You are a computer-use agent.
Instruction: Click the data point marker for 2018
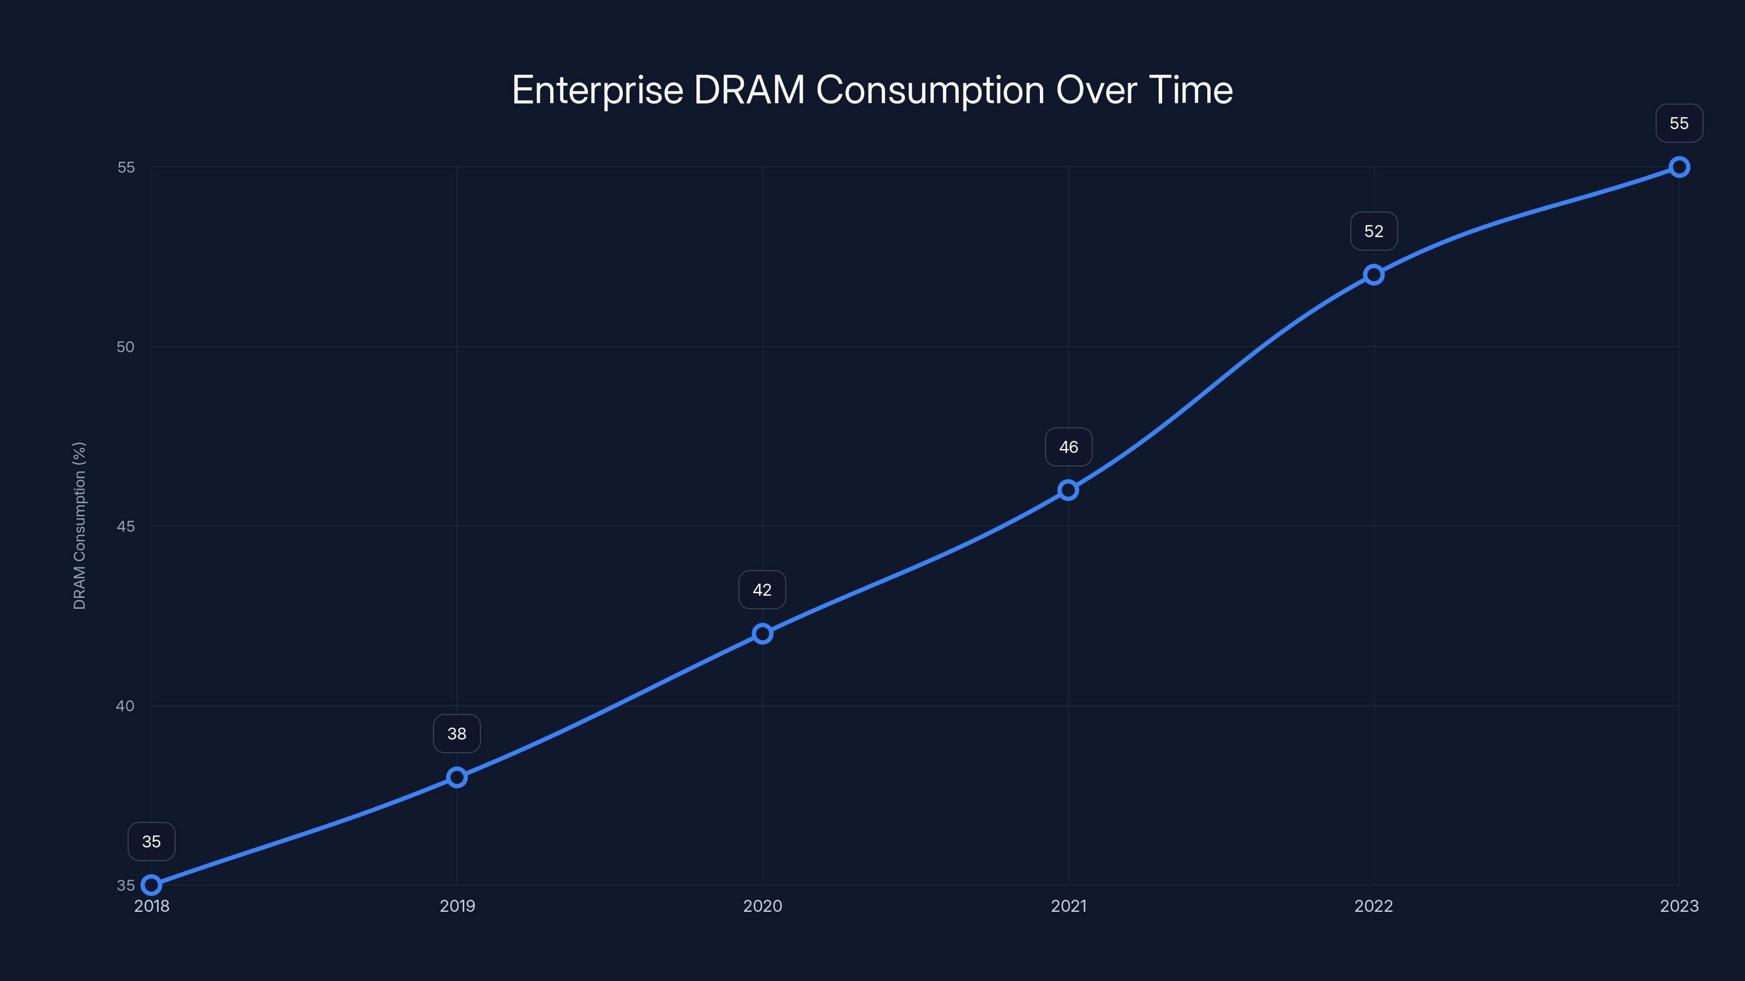tap(151, 885)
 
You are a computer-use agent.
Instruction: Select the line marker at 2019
tap(456, 777)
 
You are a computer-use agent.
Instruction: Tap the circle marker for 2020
tap(762, 634)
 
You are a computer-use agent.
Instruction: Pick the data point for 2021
tap(1068, 490)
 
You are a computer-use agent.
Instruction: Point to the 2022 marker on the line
tap(1374, 275)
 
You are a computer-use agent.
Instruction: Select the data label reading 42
tap(762, 590)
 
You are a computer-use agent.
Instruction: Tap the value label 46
tap(1068, 447)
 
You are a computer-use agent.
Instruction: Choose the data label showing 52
tap(1374, 232)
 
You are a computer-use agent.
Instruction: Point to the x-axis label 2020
tap(762, 906)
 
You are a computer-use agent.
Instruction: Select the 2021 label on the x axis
tap(1068, 906)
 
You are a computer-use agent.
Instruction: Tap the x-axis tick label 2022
tap(1374, 906)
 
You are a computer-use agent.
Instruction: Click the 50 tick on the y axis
tap(125, 347)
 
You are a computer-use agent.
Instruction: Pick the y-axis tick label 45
tap(125, 526)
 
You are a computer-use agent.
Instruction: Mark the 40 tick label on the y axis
tap(125, 705)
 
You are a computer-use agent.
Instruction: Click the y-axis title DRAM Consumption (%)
tap(79, 525)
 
